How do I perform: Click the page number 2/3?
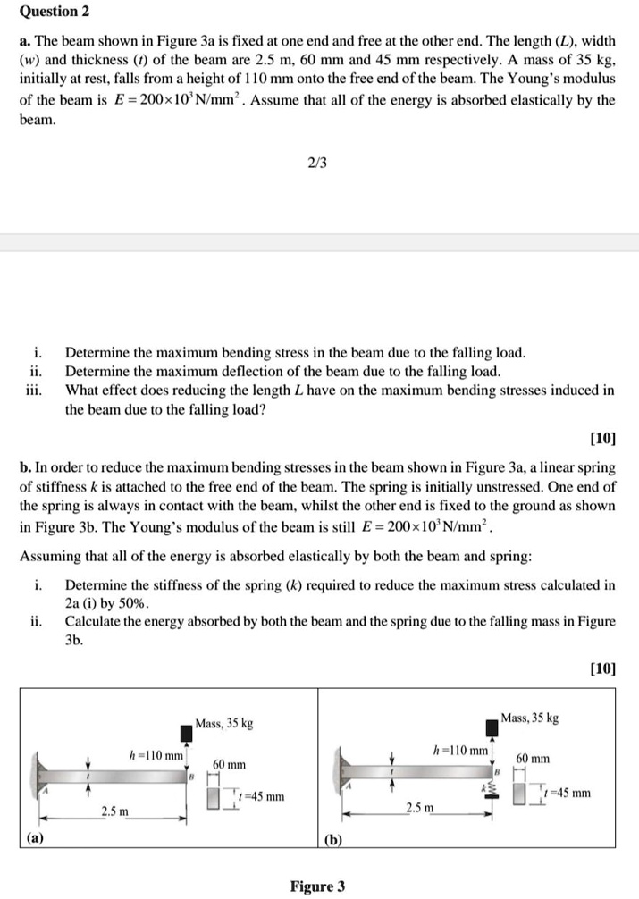[x=317, y=163]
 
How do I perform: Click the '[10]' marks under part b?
[x=603, y=668]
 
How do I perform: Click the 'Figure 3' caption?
[x=317, y=886]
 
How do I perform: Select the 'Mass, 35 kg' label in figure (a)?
[x=224, y=722]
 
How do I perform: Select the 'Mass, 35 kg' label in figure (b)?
[x=530, y=717]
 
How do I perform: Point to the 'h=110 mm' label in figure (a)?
[x=157, y=755]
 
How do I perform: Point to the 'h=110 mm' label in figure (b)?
[x=461, y=751]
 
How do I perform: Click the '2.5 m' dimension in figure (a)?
[x=114, y=811]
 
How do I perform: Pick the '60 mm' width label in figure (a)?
[x=230, y=765]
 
